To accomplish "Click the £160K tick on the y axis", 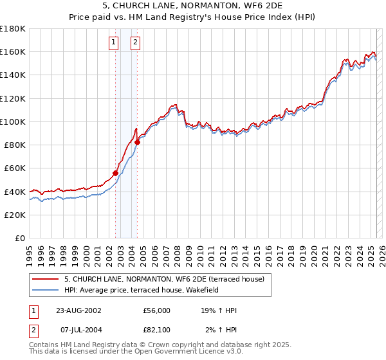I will click(x=14, y=51).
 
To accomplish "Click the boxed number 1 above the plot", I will click(x=113, y=43).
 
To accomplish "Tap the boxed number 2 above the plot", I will click(x=136, y=43).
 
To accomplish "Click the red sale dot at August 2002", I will click(x=116, y=172).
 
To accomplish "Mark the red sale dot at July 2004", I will click(x=137, y=142).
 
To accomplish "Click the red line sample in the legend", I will click(x=45, y=279).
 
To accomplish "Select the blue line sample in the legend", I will click(x=45, y=290).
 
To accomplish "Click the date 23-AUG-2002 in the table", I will click(x=79, y=310).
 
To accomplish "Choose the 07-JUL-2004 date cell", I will click(x=78, y=330).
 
